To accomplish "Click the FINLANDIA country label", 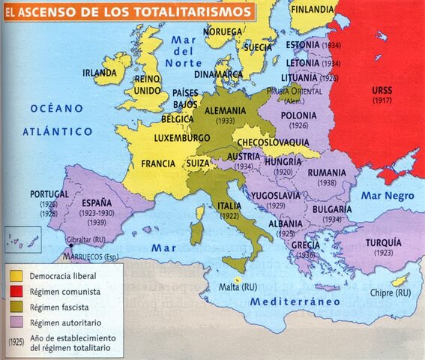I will pos(312,9).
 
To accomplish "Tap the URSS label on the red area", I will pos(382,90).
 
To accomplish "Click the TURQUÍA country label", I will pos(384,243).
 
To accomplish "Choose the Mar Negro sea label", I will pos(390,194).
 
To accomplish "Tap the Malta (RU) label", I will pos(238,286).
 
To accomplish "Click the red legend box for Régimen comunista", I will pos(16,291).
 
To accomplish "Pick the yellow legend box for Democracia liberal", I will pos(16,276).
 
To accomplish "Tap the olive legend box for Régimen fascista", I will pos(16,307).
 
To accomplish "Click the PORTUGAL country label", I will pos(49,193).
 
